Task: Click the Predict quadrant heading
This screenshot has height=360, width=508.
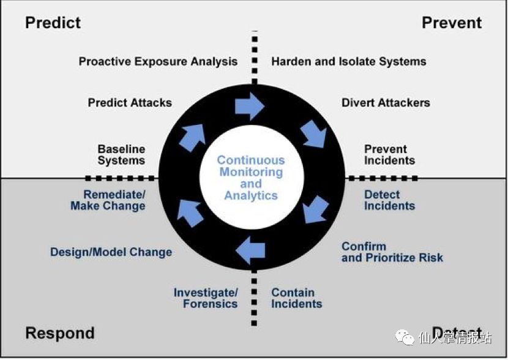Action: click(x=53, y=23)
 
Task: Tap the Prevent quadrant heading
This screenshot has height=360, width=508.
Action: click(x=452, y=23)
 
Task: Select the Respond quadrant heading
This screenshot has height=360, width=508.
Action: click(x=60, y=333)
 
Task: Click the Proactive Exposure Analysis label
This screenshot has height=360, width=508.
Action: click(x=158, y=61)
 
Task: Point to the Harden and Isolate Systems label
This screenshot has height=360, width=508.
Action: click(x=349, y=61)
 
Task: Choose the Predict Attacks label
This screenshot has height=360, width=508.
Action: click(x=130, y=102)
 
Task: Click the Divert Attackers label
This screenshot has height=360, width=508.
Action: click(x=386, y=102)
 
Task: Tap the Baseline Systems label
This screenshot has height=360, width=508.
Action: click(x=121, y=155)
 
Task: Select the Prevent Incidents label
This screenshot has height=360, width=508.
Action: click(x=389, y=155)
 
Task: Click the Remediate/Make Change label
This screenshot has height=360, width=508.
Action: click(x=108, y=200)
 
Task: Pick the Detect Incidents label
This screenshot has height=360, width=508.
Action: click(x=389, y=200)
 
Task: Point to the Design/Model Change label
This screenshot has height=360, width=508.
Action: click(x=111, y=252)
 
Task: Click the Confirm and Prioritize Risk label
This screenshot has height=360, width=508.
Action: click(x=392, y=252)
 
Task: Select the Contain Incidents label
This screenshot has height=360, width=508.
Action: click(x=296, y=298)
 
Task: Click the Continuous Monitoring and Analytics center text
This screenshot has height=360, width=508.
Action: click(x=251, y=178)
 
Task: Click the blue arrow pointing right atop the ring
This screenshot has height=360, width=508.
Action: click(x=249, y=107)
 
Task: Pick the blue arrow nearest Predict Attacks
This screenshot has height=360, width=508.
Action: click(x=192, y=137)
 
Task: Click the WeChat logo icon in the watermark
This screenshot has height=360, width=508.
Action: click(x=405, y=337)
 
